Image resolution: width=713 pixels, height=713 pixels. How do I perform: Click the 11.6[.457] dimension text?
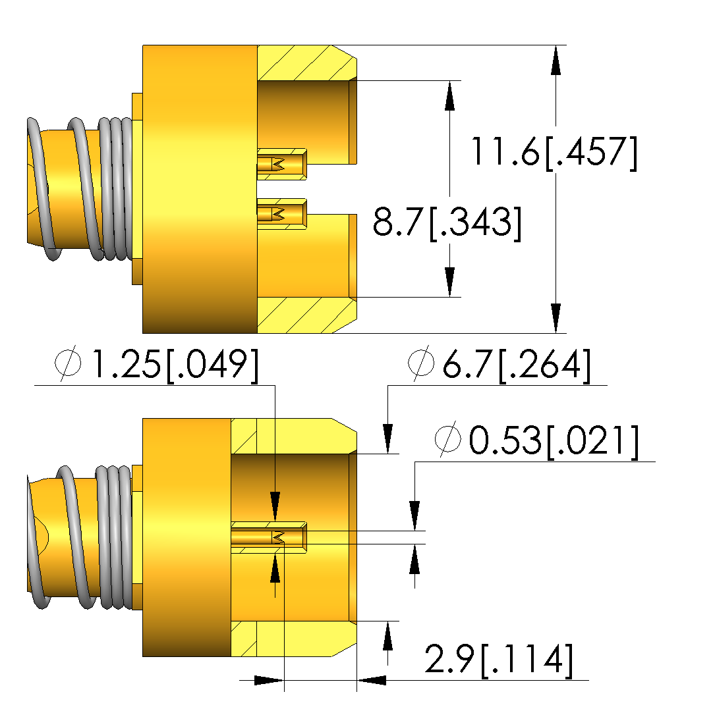(554, 153)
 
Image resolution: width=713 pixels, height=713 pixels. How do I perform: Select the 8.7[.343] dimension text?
(447, 222)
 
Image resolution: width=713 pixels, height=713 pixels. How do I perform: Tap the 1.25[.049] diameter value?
(175, 365)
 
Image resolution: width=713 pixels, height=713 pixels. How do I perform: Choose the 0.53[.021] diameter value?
(554, 440)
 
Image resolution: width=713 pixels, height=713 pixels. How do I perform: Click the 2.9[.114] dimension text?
(499, 659)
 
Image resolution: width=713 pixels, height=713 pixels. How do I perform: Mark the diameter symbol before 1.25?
(68, 364)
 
